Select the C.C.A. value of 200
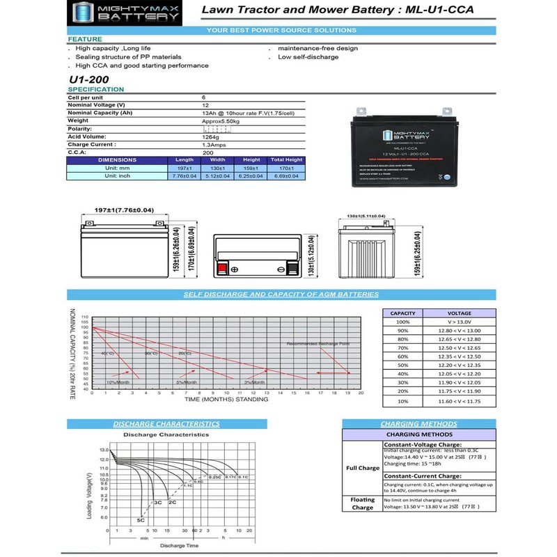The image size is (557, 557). [207, 152]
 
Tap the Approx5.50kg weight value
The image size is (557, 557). [220, 121]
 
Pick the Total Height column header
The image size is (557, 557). [286, 160]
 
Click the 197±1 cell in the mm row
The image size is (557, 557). [185, 168]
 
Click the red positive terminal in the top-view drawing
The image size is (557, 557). [223, 270]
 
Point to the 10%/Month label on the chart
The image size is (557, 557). [118, 382]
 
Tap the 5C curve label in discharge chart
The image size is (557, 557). [141, 520]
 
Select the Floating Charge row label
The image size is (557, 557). [363, 503]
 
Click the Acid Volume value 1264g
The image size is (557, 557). [211, 136]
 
